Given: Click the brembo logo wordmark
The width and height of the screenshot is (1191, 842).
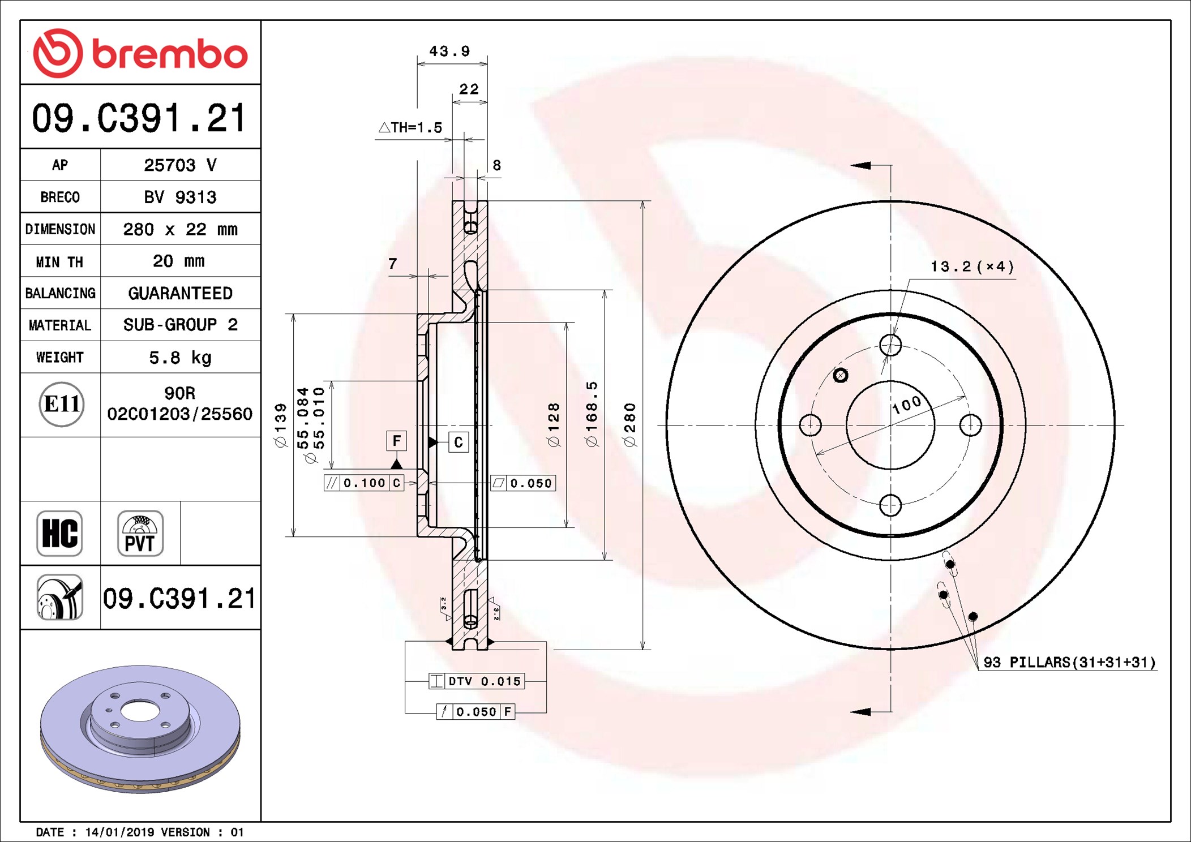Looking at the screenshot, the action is coord(170,55).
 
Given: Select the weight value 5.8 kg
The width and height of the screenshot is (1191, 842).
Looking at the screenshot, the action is coord(180,358).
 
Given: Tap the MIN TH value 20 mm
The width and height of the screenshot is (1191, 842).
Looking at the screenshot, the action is coord(179,261).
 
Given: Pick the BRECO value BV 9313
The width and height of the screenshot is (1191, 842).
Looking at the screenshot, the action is coord(180,197).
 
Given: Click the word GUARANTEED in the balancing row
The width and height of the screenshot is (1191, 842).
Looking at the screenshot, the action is coord(180,293).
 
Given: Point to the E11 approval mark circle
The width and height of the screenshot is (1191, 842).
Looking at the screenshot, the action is coord(62,404).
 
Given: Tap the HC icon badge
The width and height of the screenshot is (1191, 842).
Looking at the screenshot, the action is coord(59,534).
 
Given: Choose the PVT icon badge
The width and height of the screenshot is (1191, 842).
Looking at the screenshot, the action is coord(140,534).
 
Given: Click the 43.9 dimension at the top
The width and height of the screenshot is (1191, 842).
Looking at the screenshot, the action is coord(449,51).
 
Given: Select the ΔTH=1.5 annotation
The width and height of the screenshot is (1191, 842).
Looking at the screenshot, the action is coord(410,127).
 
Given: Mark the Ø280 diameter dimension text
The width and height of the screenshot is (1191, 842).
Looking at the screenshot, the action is coord(630,425).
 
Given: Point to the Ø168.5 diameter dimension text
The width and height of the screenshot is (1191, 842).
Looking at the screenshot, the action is coord(592,414).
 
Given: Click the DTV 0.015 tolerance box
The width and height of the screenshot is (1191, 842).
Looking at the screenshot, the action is coord(477,681).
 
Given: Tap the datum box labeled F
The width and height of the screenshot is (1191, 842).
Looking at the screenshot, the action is coord(397,441).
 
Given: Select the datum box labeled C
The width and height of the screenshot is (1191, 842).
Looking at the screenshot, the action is coord(459,442).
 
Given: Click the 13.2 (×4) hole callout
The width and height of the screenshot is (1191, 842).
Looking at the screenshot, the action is coord(972,267).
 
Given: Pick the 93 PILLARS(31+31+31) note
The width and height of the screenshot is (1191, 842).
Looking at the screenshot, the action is coord(1069,662).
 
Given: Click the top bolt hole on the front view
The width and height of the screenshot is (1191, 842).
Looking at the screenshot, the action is coord(890,345).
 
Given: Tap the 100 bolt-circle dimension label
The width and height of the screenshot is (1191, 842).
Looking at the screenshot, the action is coord(907,404).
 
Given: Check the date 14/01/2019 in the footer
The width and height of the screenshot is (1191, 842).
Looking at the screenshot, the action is coord(119,832).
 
